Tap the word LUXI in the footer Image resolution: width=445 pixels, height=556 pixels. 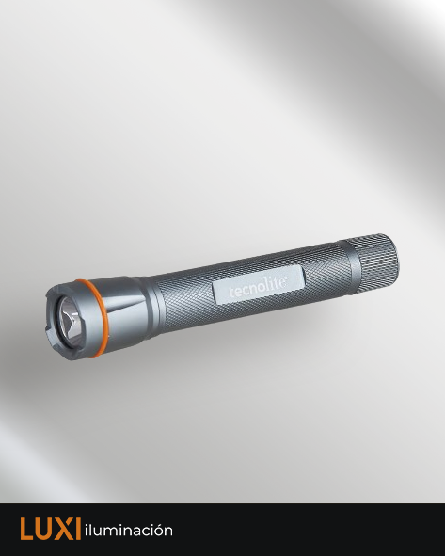click(50, 529)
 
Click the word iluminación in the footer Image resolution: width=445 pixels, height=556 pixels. click(129, 530)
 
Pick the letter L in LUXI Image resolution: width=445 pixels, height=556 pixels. click(26, 529)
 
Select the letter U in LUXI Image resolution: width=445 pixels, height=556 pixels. click(43, 529)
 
